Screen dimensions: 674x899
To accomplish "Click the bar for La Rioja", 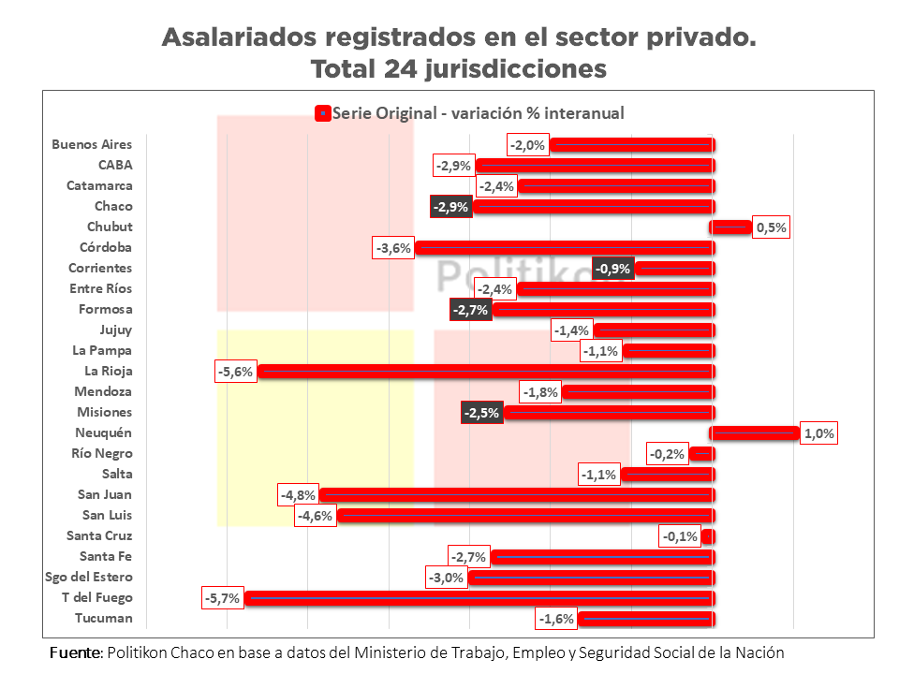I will [487, 371].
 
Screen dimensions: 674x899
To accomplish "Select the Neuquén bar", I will [755, 432].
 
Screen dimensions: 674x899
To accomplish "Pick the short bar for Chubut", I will [731, 227].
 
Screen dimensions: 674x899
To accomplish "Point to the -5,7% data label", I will [222, 597].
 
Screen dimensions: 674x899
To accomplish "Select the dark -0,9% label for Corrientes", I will [613, 268].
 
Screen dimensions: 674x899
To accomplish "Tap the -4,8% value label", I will [298, 494].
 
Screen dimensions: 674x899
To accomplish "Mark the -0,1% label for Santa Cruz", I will [680, 535].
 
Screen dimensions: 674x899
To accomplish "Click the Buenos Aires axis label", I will [92, 144].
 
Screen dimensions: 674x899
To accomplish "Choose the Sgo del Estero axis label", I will [89, 577].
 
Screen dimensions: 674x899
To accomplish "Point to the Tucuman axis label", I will [103, 618].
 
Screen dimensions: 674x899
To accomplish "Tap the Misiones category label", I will [104, 412].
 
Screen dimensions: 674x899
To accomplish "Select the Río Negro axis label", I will [102, 453].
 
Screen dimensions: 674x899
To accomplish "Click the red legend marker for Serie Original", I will [322, 113].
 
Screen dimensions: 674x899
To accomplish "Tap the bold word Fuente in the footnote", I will [75, 652].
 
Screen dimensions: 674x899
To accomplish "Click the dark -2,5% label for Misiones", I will [482, 412].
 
